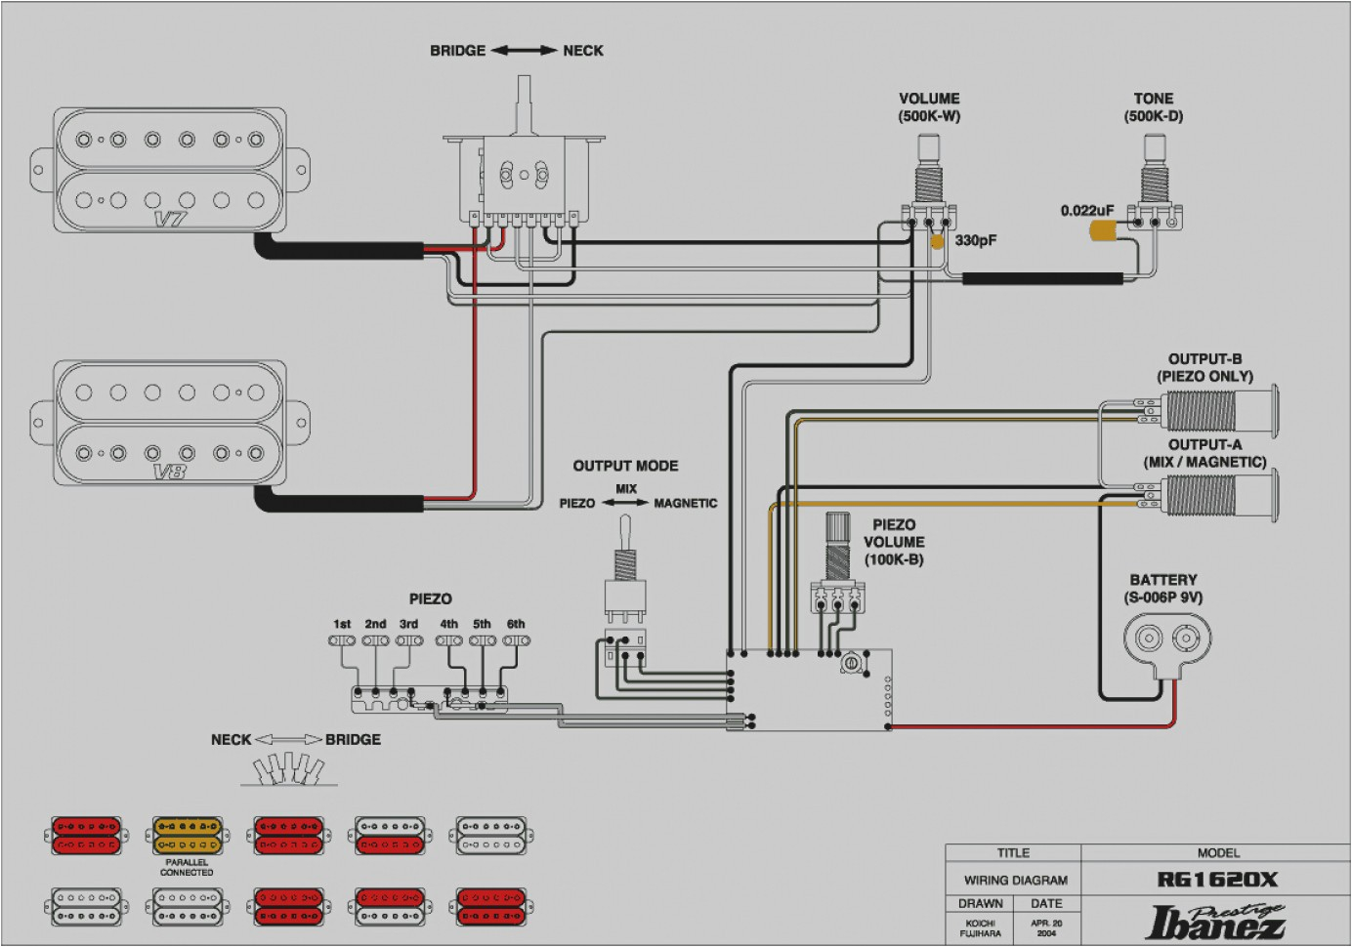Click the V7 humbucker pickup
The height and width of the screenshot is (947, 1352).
(171, 171)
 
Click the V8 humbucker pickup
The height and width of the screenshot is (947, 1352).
(171, 423)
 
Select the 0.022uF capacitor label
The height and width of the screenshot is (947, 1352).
(1086, 211)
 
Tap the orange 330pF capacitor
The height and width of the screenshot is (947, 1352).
(937, 241)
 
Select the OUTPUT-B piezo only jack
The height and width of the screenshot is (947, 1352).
(1211, 410)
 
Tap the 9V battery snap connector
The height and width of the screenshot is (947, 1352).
(1167, 641)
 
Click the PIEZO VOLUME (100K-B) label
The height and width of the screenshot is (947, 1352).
(894, 542)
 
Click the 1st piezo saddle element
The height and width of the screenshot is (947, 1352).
(342, 641)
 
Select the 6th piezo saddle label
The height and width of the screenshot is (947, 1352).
(516, 624)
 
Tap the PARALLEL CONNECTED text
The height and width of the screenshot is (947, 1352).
(187, 868)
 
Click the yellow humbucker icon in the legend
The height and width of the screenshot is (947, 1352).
(187, 836)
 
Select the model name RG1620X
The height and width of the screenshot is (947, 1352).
(1217, 880)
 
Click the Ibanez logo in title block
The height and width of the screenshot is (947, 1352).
(1217, 921)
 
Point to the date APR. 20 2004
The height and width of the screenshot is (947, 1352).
(1046, 927)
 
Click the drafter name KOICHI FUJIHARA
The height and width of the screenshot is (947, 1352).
(980, 927)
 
